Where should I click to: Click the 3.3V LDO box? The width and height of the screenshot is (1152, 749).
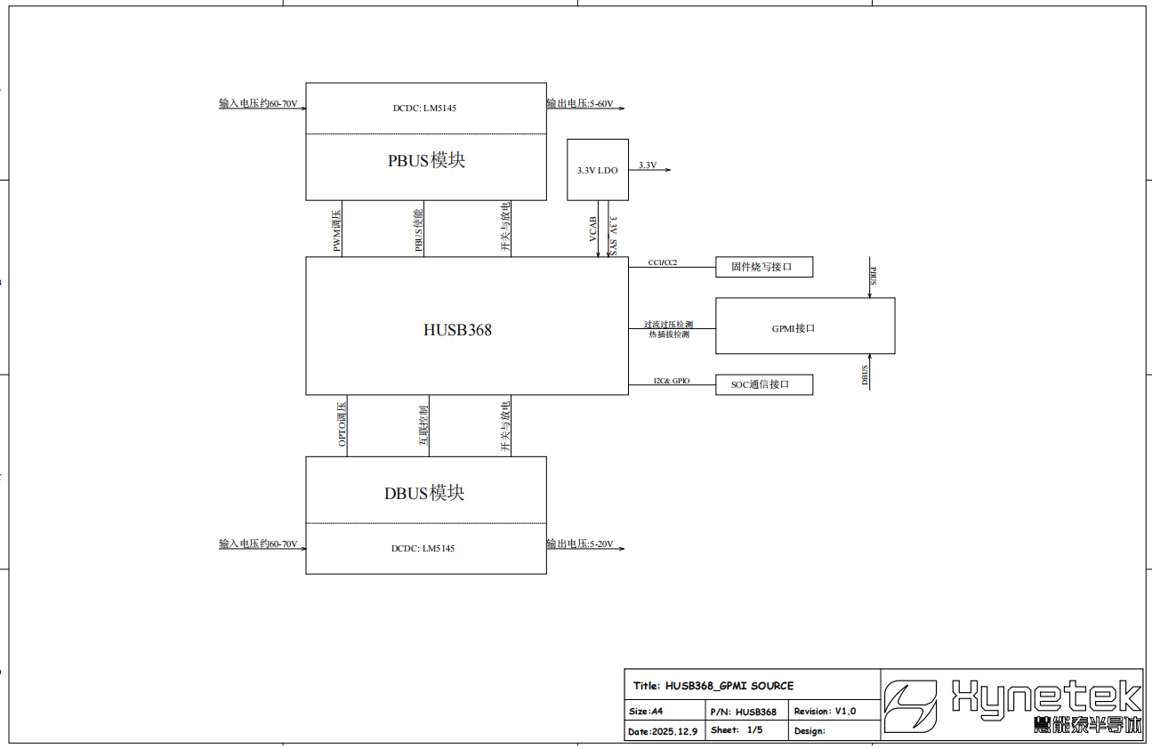click(598, 170)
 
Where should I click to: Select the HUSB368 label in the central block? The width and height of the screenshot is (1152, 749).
click(457, 330)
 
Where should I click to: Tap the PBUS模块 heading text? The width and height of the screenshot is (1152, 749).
click(426, 161)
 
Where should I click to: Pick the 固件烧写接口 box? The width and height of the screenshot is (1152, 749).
click(764, 266)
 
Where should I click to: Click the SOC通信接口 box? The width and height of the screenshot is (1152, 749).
click(764, 384)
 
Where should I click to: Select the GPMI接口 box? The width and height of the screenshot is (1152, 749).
click(805, 327)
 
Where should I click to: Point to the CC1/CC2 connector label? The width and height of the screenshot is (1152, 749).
click(663, 262)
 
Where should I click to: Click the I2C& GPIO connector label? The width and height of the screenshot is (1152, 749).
click(671, 381)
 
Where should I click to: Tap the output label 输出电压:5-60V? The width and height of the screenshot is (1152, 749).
click(580, 104)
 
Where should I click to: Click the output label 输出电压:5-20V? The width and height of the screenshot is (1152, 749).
click(580, 544)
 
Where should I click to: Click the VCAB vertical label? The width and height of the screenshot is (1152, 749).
click(592, 230)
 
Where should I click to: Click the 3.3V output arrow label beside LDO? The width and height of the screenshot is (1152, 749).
click(647, 165)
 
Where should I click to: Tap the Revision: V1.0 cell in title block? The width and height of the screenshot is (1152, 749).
click(825, 712)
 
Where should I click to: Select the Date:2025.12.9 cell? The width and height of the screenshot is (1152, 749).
click(662, 731)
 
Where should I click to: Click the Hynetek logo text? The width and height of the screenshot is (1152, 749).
click(1045, 696)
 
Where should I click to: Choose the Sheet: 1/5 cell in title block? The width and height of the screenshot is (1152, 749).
click(737, 730)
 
